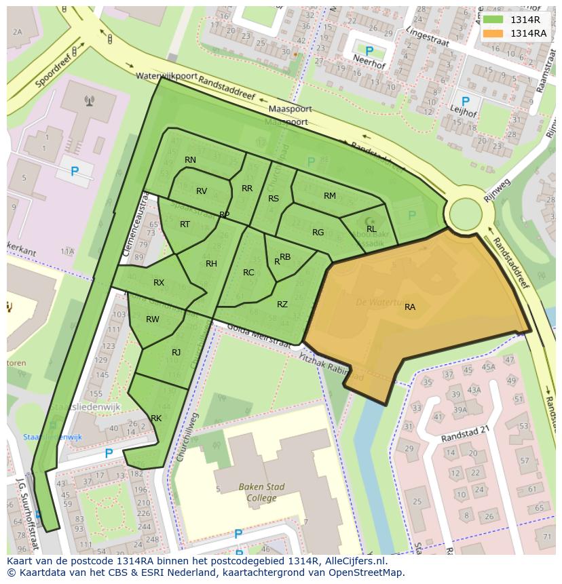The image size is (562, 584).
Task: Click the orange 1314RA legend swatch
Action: tap(493, 33)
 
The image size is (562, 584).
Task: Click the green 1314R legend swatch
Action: tap(493, 20)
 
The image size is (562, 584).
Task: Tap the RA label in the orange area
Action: tap(410, 307)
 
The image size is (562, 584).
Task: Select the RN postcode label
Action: tap(190, 160)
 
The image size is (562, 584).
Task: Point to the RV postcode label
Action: tap(202, 191)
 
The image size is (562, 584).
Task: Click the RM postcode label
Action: tap(330, 196)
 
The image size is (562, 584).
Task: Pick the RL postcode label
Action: tap(371, 229)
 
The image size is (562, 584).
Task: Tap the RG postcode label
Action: tap(318, 233)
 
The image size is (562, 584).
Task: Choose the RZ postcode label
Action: tap(282, 305)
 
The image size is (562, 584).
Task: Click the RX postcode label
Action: tap(159, 283)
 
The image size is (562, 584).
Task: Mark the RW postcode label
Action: tap(153, 319)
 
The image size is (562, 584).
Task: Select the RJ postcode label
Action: tap(176, 352)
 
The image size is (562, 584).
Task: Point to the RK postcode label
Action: tap(156, 418)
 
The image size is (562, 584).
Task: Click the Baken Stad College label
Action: tap(261, 492)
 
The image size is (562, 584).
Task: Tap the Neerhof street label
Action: tap(367, 58)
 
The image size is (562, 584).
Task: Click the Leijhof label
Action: tap(464, 114)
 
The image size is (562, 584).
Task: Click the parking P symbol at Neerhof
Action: tap(369, 51)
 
